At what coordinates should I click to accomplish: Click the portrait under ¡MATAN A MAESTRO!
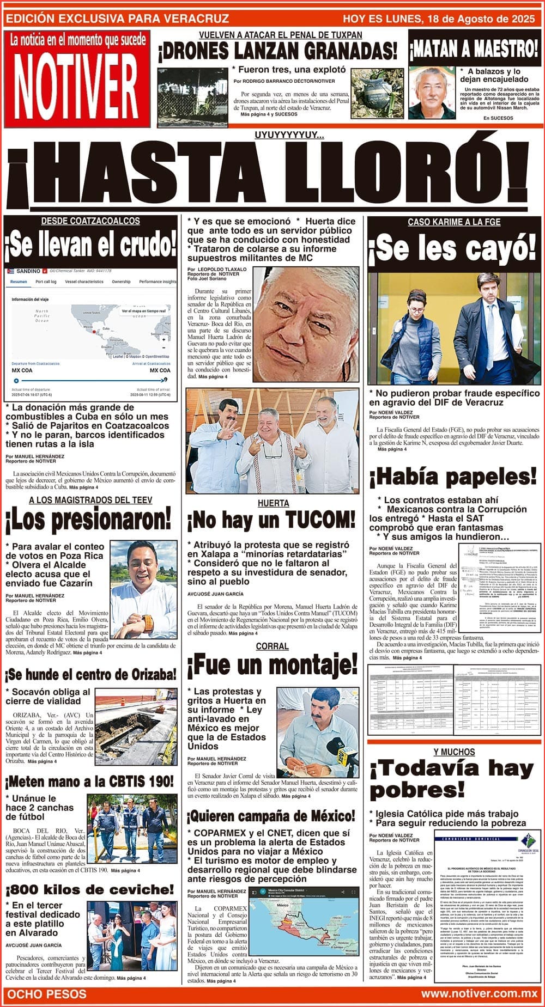tap(432, 93)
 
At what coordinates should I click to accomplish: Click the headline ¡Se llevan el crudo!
tap(90, 245)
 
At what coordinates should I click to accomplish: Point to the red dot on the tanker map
tap(94, 331)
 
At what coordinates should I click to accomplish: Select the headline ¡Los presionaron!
tap(88, 521)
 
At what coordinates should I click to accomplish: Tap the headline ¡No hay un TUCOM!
tap(271, 521)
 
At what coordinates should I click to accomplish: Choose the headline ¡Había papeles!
tap(453, 477)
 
